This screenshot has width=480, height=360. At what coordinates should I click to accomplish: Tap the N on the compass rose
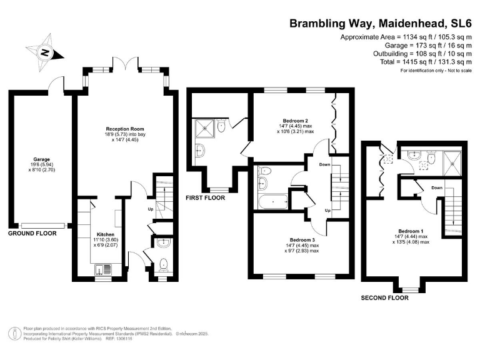tap(45, 53)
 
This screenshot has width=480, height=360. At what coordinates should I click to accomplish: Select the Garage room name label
tap(42, 159)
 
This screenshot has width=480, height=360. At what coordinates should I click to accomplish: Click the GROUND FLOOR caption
tap(32, 233)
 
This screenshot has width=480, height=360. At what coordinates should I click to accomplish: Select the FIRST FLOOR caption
tap(206, 197)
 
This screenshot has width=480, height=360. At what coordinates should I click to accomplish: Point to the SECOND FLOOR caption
tap(384, 298)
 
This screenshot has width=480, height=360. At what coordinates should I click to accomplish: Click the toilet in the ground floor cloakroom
tap(163, 264)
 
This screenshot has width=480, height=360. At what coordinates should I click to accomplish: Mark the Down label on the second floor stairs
tap(437, 187)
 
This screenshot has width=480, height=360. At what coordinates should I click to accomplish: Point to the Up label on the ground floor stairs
tap(150, 209)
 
